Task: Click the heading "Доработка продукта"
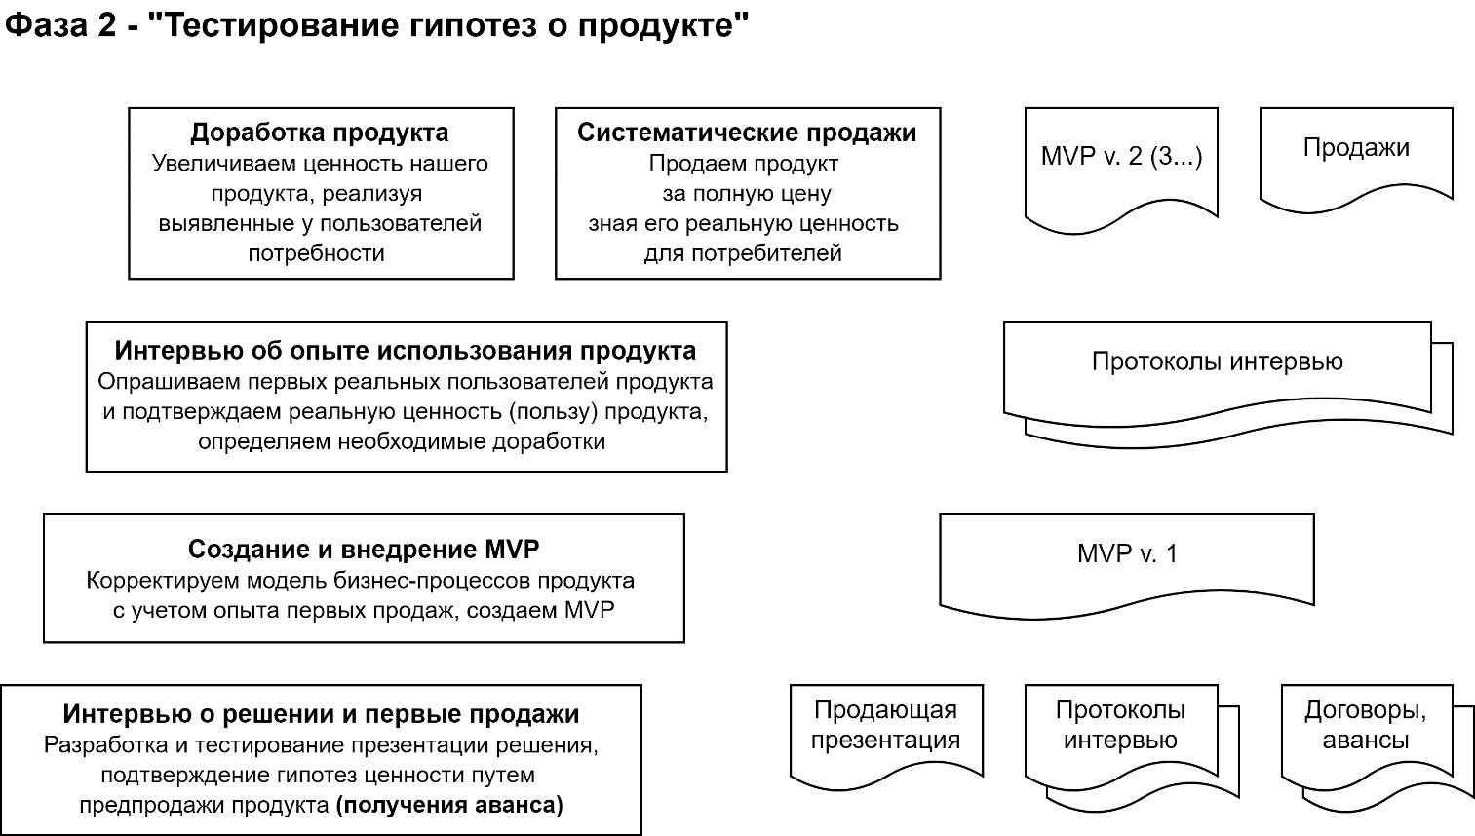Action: coord(320,133)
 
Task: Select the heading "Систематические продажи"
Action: coord(747,133)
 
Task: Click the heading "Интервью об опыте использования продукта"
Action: coord(406,351)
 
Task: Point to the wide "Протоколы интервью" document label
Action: coord(1217,362)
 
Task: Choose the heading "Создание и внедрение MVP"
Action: coord(363,550)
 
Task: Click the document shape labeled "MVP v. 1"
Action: coord(1127,554)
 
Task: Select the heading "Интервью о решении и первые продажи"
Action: coord(321,714)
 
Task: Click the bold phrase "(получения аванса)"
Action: coord(449,806)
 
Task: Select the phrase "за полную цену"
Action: coord(747,193)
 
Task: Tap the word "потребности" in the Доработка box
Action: coord(316,253)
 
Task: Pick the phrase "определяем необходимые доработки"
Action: coord(402,441)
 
